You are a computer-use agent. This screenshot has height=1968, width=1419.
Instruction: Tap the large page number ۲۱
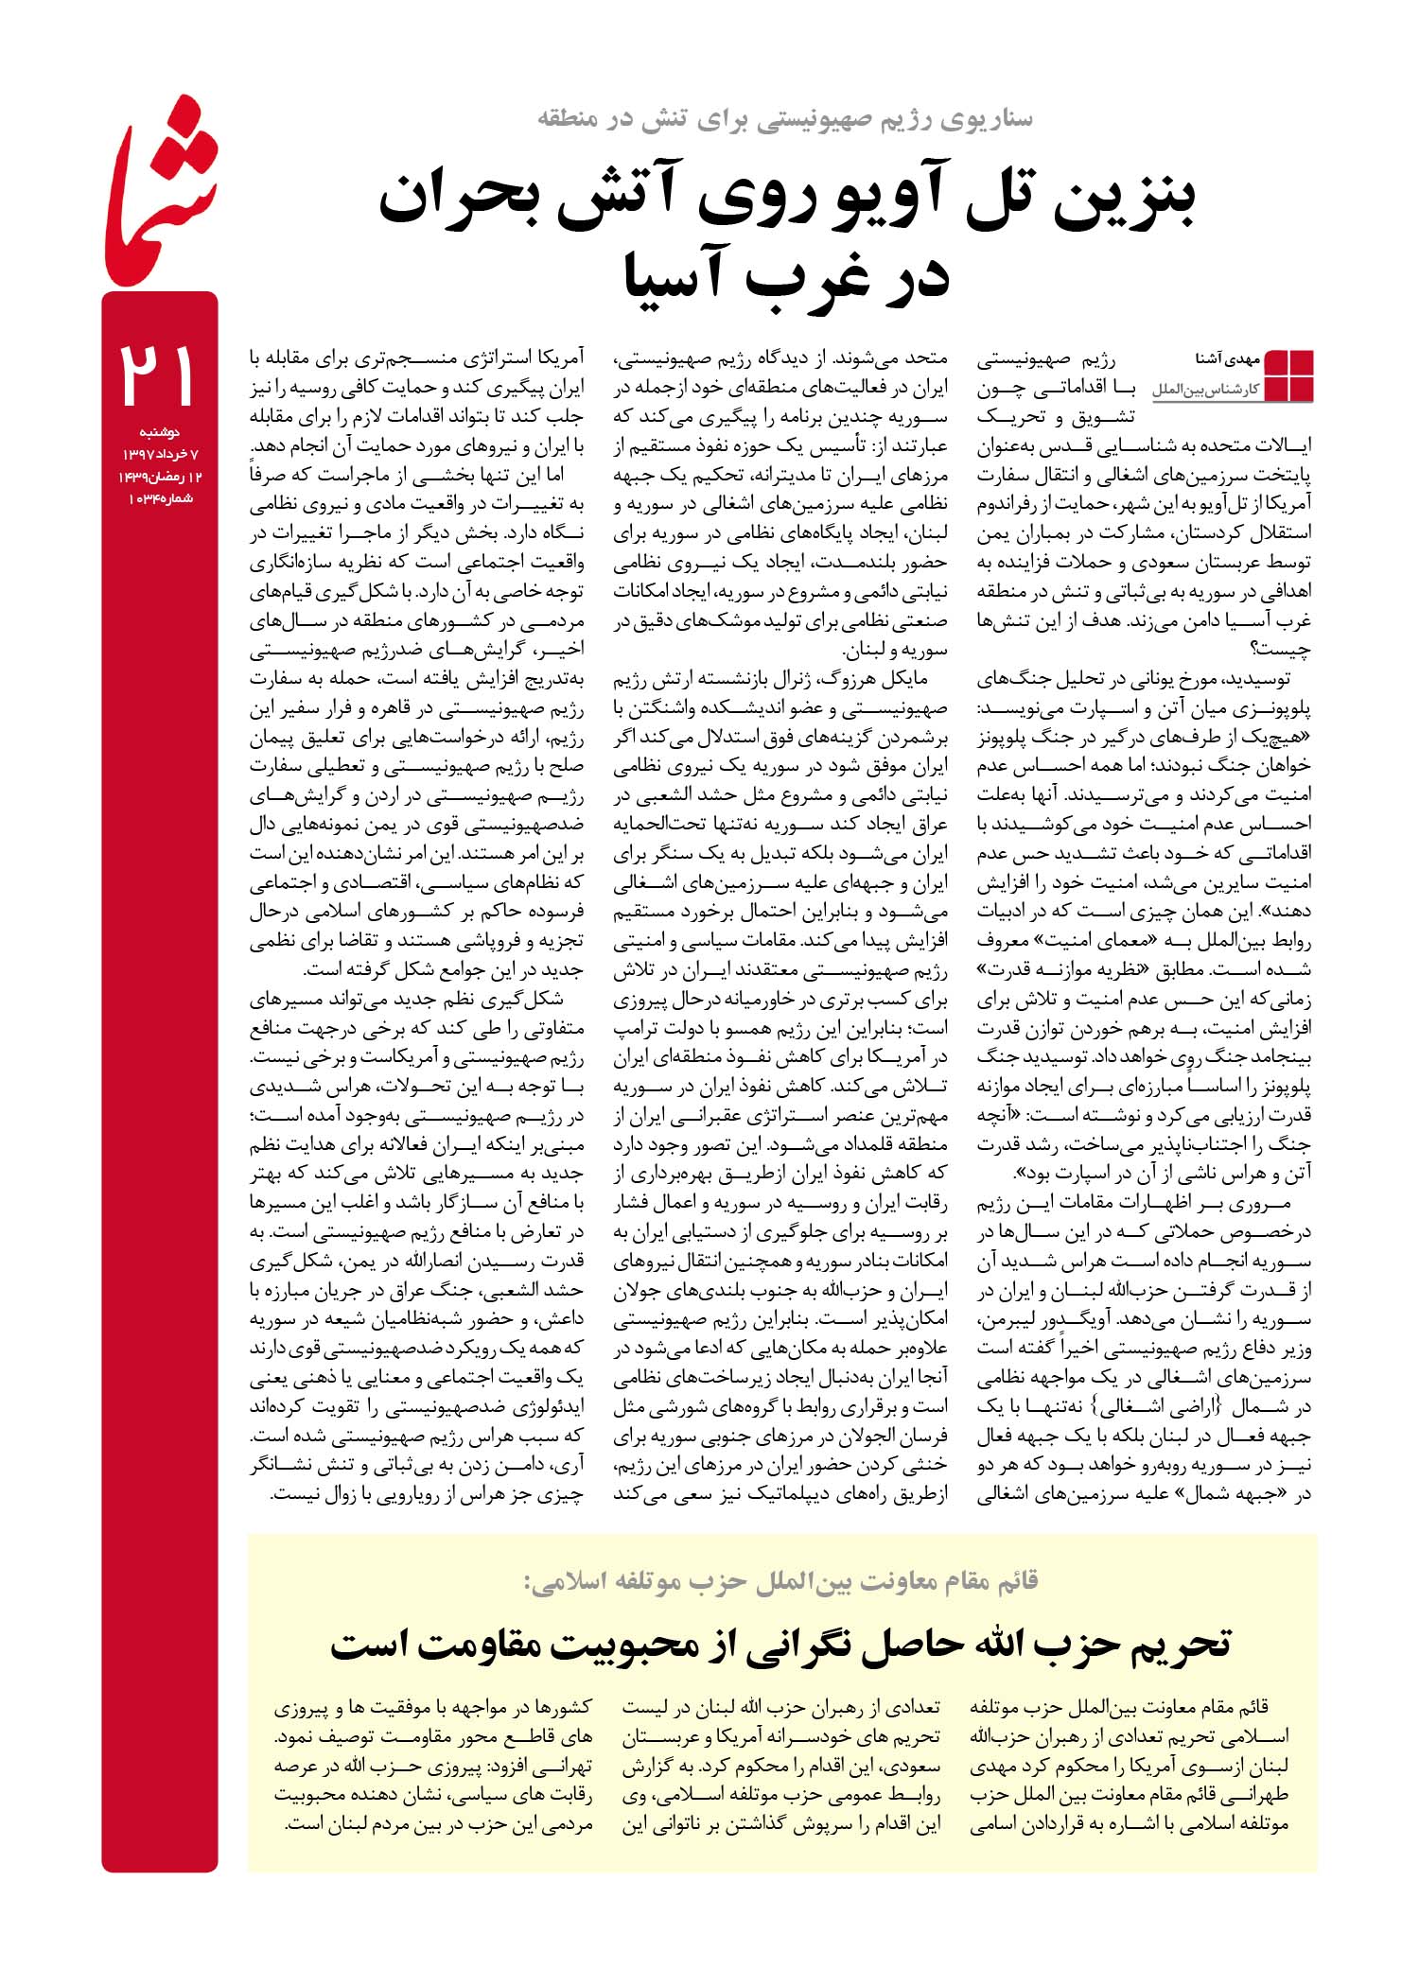[158, 375]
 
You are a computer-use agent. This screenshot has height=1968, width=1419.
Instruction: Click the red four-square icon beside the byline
[1288, 375]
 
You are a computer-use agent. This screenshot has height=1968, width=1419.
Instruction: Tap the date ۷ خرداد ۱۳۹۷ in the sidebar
[159, 455]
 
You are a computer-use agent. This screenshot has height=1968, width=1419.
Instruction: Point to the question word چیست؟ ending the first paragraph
[1281, 650]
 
